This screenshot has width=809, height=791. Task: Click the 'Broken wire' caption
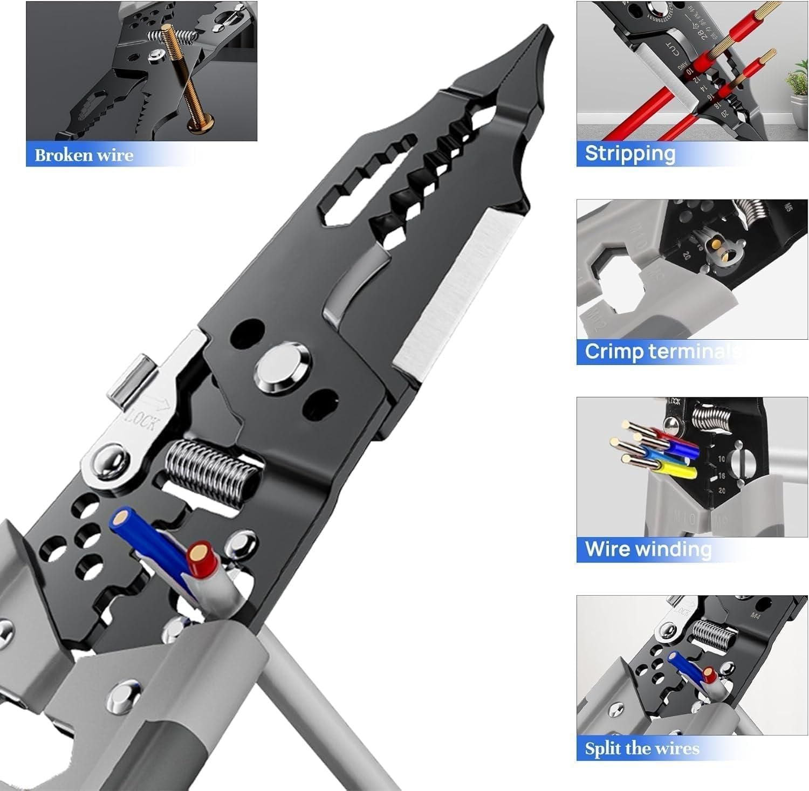click(x=84, y=155)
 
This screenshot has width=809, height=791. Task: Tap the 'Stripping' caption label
click(x=630, y=154)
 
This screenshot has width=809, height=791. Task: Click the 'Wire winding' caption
click(x=648, y=549)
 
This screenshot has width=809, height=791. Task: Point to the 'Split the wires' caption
click(x=642, y=748)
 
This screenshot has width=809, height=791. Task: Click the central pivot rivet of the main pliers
click(x=283, y=367)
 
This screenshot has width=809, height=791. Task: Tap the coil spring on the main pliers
click(x=210, y=469)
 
